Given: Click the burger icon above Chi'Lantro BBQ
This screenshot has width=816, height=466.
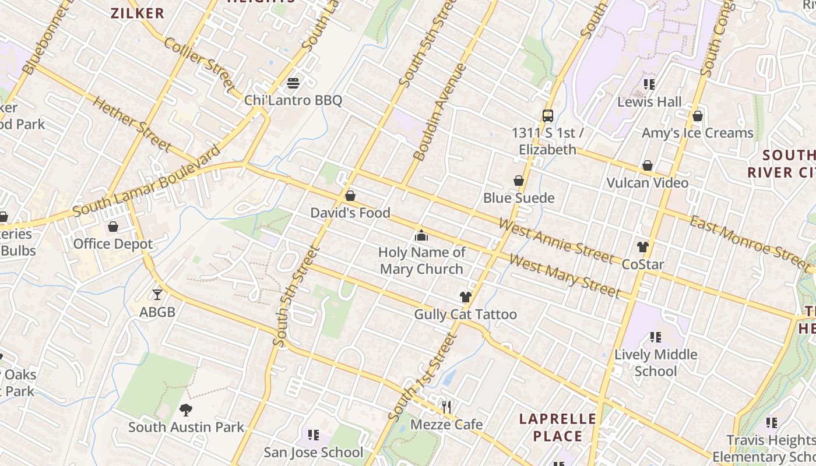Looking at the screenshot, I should [x=293, y=83].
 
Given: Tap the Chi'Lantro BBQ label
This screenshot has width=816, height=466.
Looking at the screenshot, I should [x=293, y=101].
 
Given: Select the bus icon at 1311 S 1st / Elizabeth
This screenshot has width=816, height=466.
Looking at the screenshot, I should [x=548, y=115].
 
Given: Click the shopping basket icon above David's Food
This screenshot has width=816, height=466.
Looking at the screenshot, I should [x=350, y=196].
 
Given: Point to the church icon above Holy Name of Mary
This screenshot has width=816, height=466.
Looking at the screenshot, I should [x=421, y=235].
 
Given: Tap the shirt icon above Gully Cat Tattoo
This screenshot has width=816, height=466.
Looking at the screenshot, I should [x=465, y=297].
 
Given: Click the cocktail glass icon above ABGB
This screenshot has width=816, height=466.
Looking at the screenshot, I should [x=157, y=295].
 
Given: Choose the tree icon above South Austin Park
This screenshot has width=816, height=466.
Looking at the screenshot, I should [x=186, y=409].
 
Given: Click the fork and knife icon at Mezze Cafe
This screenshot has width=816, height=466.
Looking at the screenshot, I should [x=447, y=407].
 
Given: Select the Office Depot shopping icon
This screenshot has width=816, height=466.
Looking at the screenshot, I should [x=113, y=227].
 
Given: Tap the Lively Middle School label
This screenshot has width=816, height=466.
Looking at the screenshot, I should [x=656, y=362].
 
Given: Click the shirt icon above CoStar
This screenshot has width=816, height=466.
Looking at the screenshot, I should [x=643, y=247].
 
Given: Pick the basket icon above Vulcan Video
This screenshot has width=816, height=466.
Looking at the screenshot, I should [x=648, y=166].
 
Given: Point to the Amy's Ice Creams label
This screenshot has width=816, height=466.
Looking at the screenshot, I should [x=698, y=133].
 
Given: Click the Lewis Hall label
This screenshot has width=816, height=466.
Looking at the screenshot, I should [x=649, y=102].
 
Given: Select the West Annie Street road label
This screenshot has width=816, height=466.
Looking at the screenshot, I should [x=556, y=239].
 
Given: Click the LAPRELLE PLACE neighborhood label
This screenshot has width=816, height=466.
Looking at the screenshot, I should [x=558, y=428].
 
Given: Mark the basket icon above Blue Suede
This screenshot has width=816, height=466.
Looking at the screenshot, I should [x=519, y=181].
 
